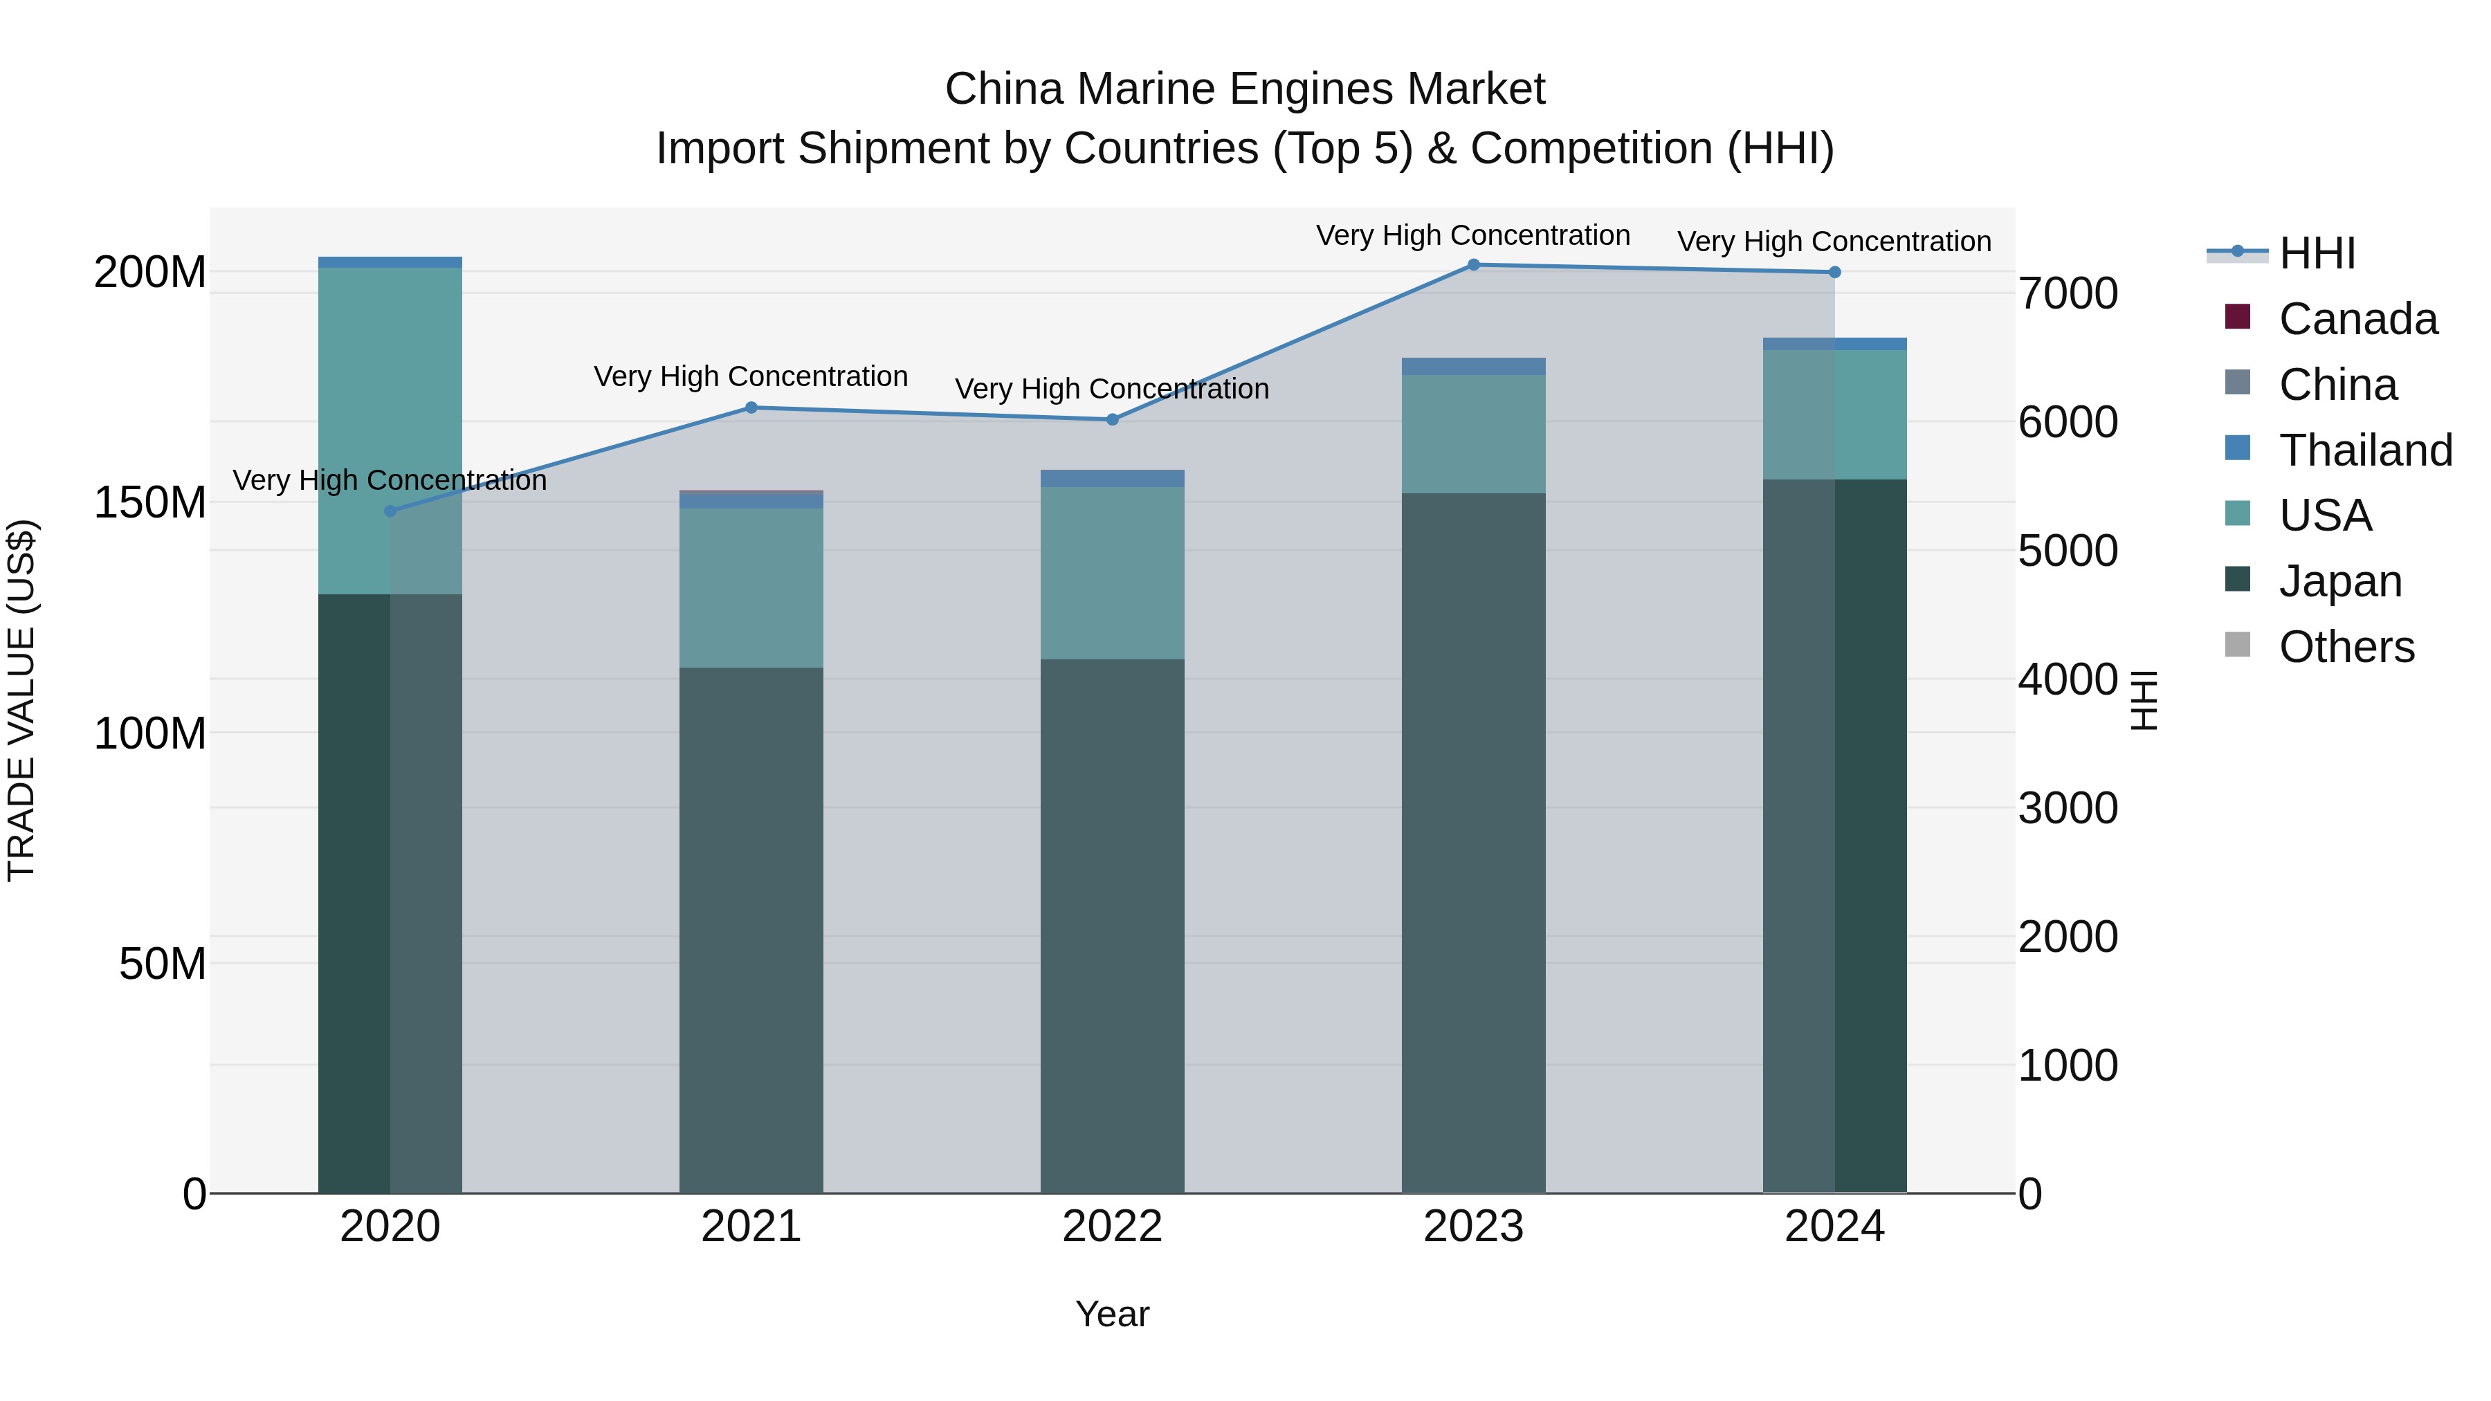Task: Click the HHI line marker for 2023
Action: [x=1472, y=265]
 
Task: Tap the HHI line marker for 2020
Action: [x=391, y=511]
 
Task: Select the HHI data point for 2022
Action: [x=1112, y=420]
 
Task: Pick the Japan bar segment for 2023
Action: [x=1472, y=841]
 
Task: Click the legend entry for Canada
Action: [x=2357, y=319]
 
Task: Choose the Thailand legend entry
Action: [x=2364, y=450]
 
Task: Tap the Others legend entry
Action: [x=2345, y=647]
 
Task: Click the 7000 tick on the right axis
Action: [x=2068, y=294]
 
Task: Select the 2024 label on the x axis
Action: [x=1834, y=1227]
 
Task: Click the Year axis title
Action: [x=1112, y=1314]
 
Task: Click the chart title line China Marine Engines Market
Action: [x=1245, y=89]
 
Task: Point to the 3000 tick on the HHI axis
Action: [x=2068, y=808]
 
